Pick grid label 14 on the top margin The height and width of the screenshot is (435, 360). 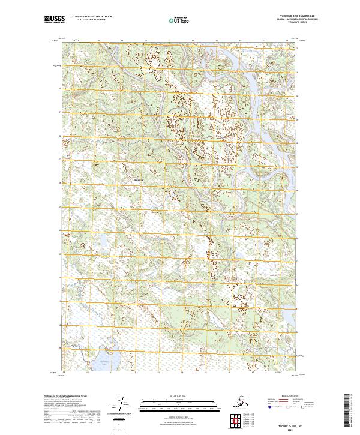(193, 41)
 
